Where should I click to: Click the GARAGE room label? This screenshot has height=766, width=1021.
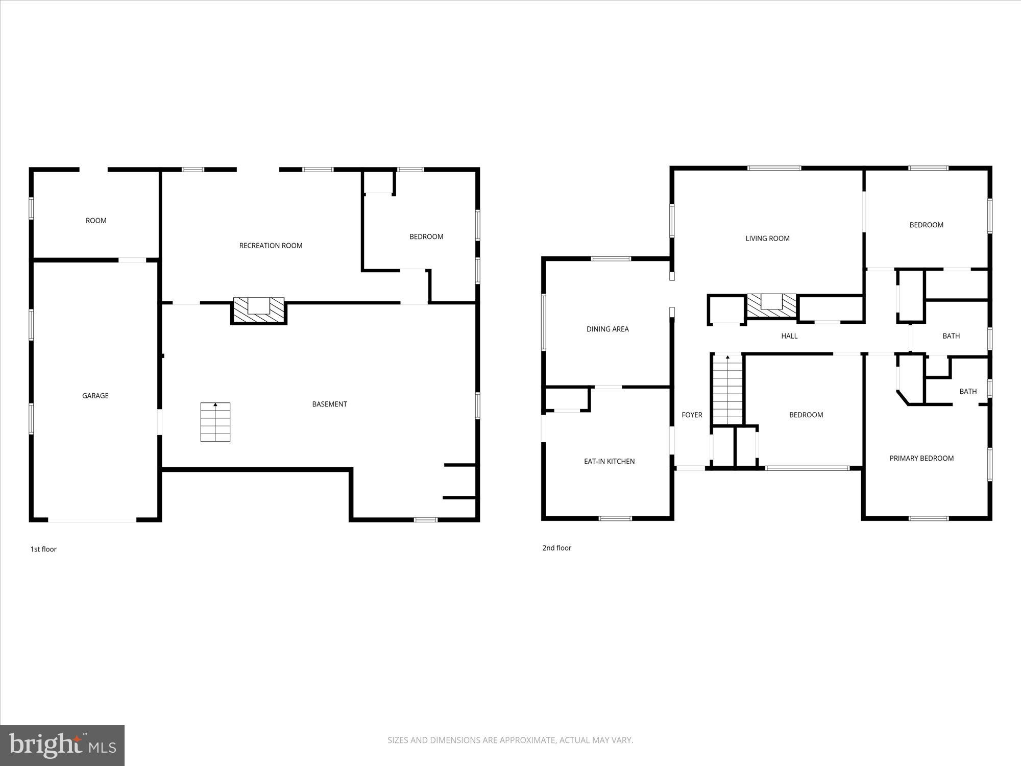point(95,396)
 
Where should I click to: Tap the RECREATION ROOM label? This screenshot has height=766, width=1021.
point(271,246)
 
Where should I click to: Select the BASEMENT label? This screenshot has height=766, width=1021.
point(329,404)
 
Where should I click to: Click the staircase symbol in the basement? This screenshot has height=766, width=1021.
point(215,422)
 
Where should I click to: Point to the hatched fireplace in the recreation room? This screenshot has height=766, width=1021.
point(259,310)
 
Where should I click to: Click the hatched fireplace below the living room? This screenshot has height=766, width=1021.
point(771,306)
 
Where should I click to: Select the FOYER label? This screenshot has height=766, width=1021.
point(692,415)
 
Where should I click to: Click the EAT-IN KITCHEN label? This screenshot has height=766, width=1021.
point(609,461)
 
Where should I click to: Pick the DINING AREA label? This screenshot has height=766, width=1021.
point(607,329)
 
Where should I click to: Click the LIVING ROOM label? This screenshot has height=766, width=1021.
point(767,238)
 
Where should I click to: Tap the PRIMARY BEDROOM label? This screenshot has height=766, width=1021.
point(921,458)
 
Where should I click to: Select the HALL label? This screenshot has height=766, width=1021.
point(789,336)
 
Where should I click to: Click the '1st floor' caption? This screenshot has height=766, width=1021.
point(43,549)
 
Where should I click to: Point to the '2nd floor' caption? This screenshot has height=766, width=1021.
point(556,548)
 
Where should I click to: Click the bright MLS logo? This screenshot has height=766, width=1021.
point(62,745)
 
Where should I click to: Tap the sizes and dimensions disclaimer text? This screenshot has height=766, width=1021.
point(510,740)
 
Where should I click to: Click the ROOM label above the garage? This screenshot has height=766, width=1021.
point(96,221)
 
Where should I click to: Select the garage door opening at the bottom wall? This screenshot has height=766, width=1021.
point(92,520)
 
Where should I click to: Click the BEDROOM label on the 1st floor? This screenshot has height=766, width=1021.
point(426,236)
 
